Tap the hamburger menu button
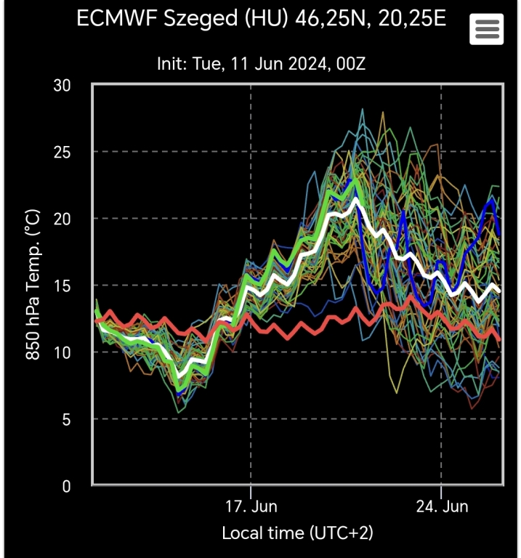point(486,29)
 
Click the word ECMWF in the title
point(113,18)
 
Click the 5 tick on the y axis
point(66,419)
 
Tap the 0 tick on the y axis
point(66,486)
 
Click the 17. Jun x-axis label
point(250,506)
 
